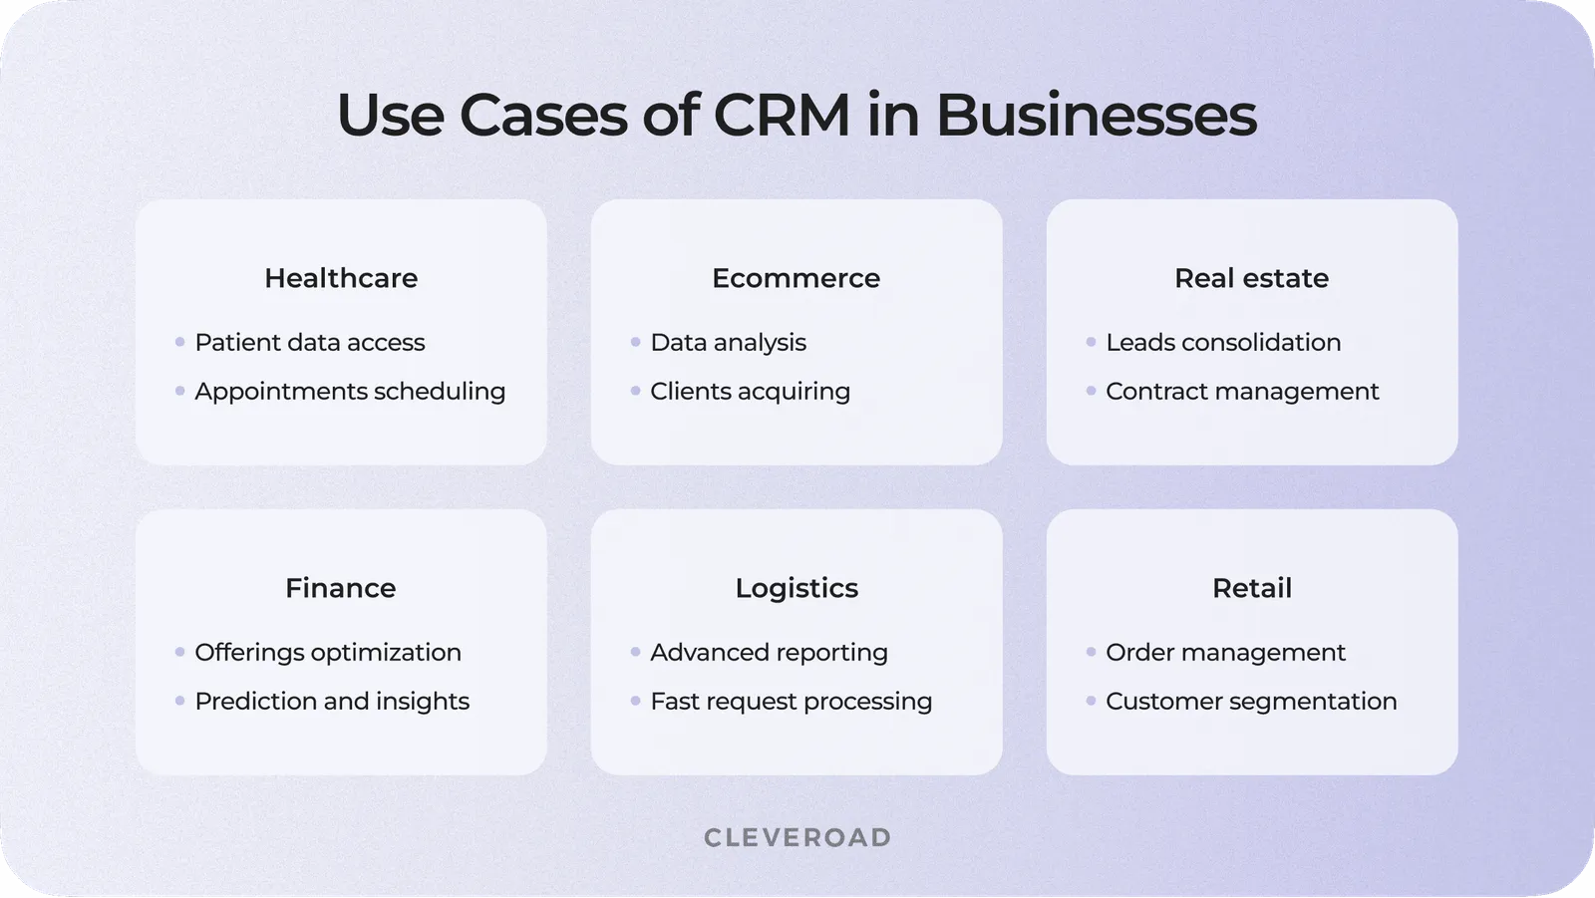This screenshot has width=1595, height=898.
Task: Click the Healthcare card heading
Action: coord(341,278)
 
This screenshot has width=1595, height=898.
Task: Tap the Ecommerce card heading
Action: coord(796,278)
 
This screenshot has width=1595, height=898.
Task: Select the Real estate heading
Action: coord(1251,278)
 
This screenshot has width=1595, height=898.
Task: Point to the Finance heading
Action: coord(340,588)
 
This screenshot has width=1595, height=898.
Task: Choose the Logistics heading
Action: coord(797,588)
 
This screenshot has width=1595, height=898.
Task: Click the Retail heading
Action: coord(1251,588)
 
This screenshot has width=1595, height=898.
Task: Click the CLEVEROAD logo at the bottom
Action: coord(797,837)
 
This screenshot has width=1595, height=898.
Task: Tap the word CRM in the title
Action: coord(782,115)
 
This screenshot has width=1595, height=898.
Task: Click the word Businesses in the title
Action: coord(1096,115)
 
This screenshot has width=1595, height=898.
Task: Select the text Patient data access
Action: coord(309,342)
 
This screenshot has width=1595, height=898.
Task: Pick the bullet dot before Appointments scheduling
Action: coord(179,391)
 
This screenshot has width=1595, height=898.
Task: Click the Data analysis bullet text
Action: coord(728,342)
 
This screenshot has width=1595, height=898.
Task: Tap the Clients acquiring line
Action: coord(750,391)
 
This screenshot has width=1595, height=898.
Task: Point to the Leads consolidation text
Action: coord(1223,342)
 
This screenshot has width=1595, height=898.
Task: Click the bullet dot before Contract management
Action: coord(1091,391)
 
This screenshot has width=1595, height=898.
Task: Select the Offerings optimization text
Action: coord(327,652)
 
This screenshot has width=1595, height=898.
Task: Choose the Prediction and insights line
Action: coord(331,701)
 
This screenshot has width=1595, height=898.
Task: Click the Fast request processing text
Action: coord(791,701)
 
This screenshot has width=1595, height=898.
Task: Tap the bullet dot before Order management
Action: coord(1091,652)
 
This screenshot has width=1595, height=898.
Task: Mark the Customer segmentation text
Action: coord(1251,701)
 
